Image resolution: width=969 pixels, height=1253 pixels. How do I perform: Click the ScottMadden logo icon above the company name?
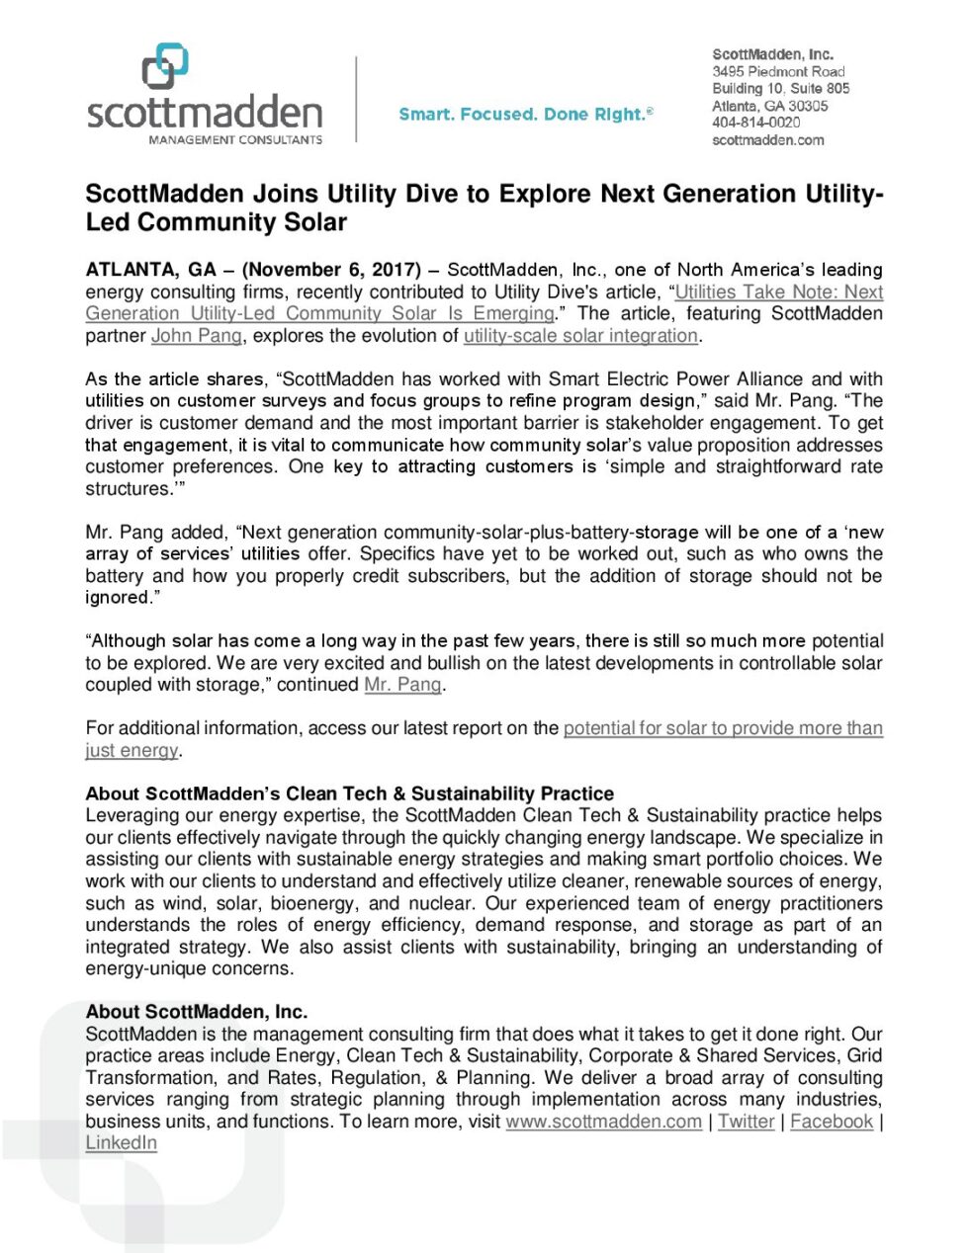(x=165, y=66)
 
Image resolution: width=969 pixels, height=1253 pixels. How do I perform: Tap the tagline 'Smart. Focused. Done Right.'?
(x=525, y=115)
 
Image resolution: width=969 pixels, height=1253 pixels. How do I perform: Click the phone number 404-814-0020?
(x=755, y=123)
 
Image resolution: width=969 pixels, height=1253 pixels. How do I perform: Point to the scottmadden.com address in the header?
(x=767, y=140)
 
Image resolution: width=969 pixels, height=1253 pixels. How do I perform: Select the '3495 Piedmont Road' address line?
(x=778, y=72)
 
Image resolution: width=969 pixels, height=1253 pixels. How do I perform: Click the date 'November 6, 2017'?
(x=331, y=270)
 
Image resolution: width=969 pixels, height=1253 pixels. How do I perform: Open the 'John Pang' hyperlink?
(x=196, y=336)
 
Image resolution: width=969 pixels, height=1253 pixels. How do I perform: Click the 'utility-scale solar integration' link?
(x=580, y=336)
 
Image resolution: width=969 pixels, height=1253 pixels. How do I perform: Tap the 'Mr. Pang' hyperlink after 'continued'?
(x=402, y=685)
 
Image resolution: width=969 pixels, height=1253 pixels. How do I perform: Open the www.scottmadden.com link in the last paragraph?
(x=603, y=1122)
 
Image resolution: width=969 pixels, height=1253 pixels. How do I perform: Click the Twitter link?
(x=746, y=1122)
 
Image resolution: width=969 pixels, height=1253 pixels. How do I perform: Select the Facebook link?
(x=832, y=1122)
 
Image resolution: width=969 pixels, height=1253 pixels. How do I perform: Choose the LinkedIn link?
(x=121, y=1143)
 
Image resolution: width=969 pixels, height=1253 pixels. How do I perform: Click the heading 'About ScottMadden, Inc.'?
(x=196, y=1012)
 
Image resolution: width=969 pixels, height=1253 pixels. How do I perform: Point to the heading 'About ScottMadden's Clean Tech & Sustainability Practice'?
(x=349, y=794)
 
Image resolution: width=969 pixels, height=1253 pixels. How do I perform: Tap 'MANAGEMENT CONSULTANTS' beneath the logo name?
(x=235, y=140)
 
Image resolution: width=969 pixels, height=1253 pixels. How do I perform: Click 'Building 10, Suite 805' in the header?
(x=780, y=89)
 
